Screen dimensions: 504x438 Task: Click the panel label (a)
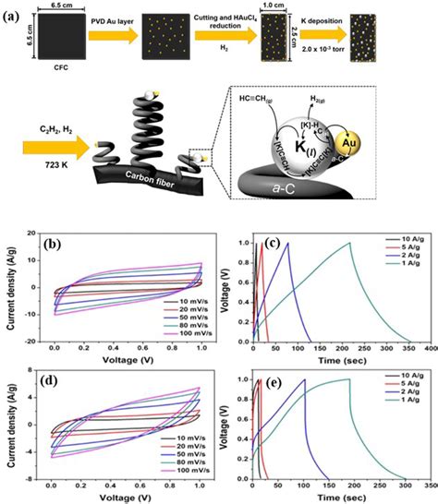pos(17,12)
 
